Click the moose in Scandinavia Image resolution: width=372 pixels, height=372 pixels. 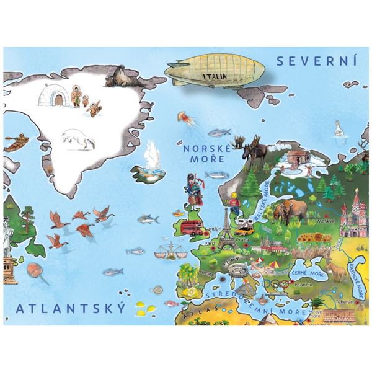point(254,153)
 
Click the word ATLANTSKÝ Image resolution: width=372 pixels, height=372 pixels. point(71,308)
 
